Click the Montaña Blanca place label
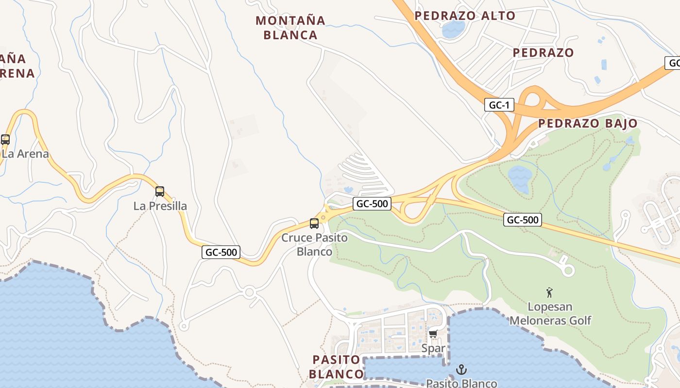click(290, 28)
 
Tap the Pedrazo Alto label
click(464, 16)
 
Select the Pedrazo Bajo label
click(587, 123)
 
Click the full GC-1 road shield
click(499, 105)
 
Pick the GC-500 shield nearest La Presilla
click(221, 252)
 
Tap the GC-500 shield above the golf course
click(523, 220)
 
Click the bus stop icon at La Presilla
click(160, 192)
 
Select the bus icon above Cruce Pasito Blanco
click(314, 224)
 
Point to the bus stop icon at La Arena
click(5, 140)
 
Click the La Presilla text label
click(160, 206)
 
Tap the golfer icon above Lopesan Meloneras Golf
click(549, 292)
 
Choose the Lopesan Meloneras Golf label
click(550, 313)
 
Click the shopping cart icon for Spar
click(433, 334)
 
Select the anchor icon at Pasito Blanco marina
click(460, 370)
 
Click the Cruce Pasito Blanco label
click(314, 244)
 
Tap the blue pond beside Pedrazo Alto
click(453, 30)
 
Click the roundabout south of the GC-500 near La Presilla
click(250, 292)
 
